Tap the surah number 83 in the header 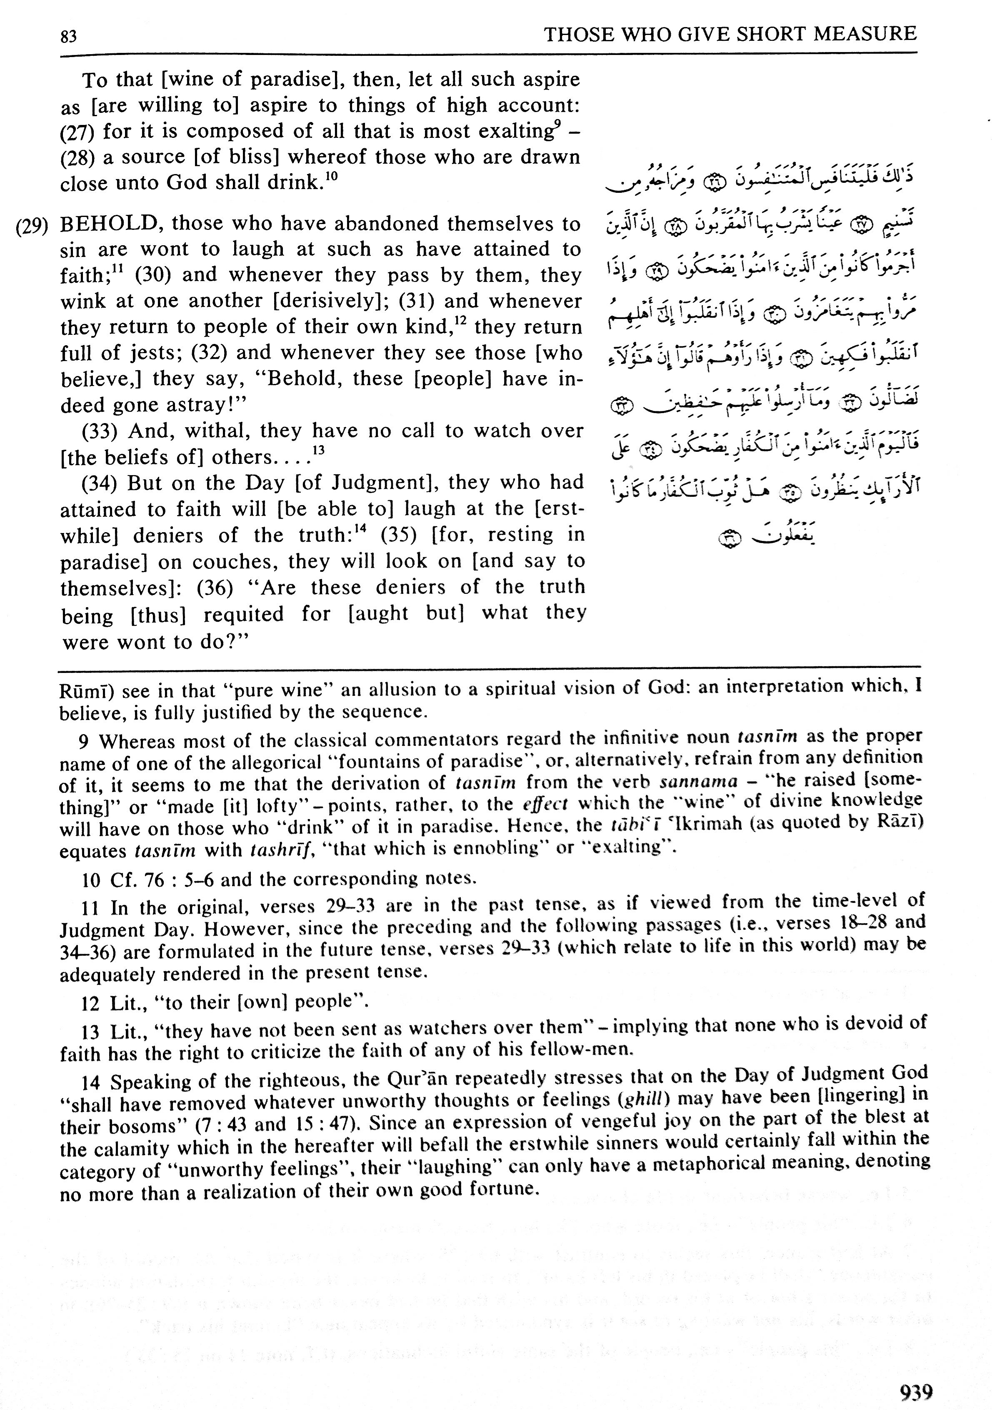coord(69,37)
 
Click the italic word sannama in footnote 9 coord(698,782)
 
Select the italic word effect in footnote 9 coord(544,804)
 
